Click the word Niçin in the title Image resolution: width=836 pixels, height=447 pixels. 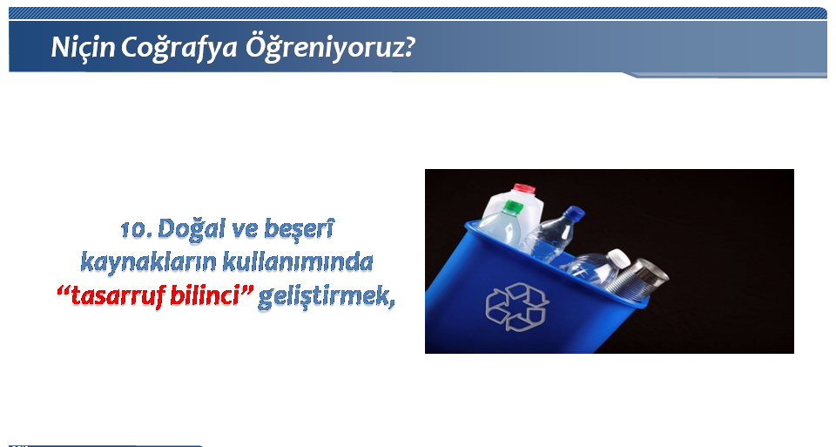pyautogui.click(x=83, y=47)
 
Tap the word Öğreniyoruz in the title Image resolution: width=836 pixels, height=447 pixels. pyautogui.click(x=324, y=48)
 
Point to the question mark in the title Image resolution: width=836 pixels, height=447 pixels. pyautogui.click(x=408, y=47)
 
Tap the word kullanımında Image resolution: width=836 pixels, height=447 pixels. pyautogui.click(x=298, y=262)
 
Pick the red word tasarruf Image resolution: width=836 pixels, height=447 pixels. pyautogui.click(x=118, y=295)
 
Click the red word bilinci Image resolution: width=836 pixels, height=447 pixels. pyautogui.click(x=204, y=295)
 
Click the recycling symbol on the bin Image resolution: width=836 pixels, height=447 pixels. pyautogui.click(x=516, y=307)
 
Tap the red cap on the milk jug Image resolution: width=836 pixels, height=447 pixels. pyautogui.click(x=523, y=189)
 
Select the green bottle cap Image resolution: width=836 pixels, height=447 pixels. pyautogui.click(x=514, y=207)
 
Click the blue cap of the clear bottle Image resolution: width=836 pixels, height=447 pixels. pyautogui.click(x=575, y=213)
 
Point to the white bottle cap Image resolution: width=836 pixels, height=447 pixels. pyautogui.click(x=619, y=258)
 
